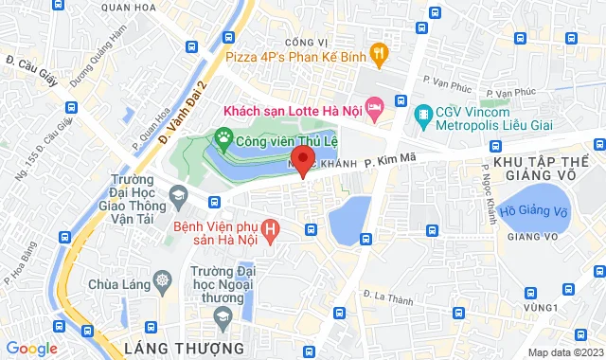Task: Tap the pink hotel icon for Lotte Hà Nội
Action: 374,110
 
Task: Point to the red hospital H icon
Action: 272,229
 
